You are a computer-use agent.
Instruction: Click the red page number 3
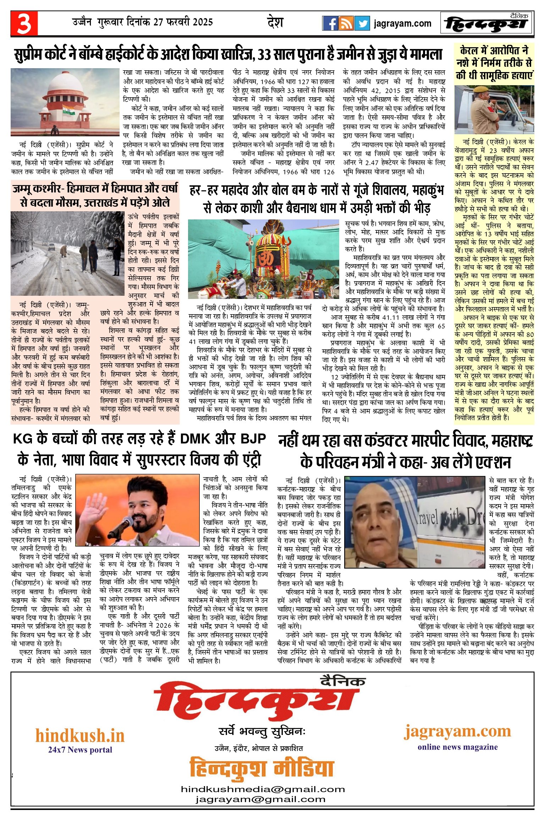point(24,23)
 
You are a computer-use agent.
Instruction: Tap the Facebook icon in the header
point(330,23)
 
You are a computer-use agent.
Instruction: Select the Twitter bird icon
point(362,23)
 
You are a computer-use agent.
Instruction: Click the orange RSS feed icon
point(346,23)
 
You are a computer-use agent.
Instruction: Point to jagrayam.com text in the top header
point(402,23)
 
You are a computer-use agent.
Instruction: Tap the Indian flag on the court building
point(69,110)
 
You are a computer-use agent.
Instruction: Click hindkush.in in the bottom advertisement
point(80,735)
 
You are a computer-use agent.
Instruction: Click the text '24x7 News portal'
point(80,750)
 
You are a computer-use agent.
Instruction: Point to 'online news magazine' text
point(457,747)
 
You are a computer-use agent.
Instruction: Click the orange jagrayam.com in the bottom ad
point(457,731)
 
